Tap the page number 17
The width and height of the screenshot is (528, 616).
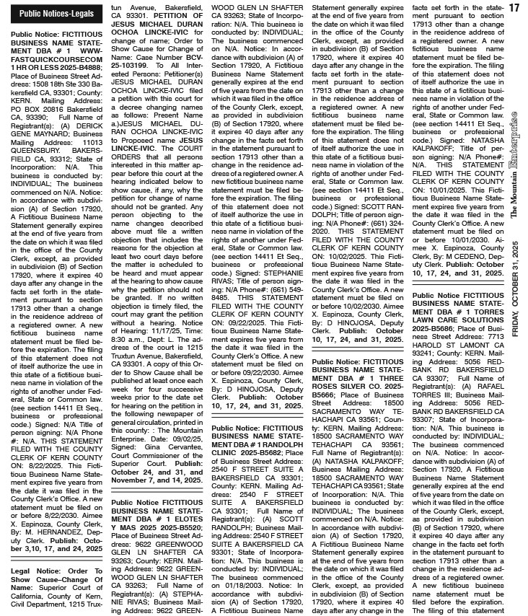[x=514, y=8]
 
